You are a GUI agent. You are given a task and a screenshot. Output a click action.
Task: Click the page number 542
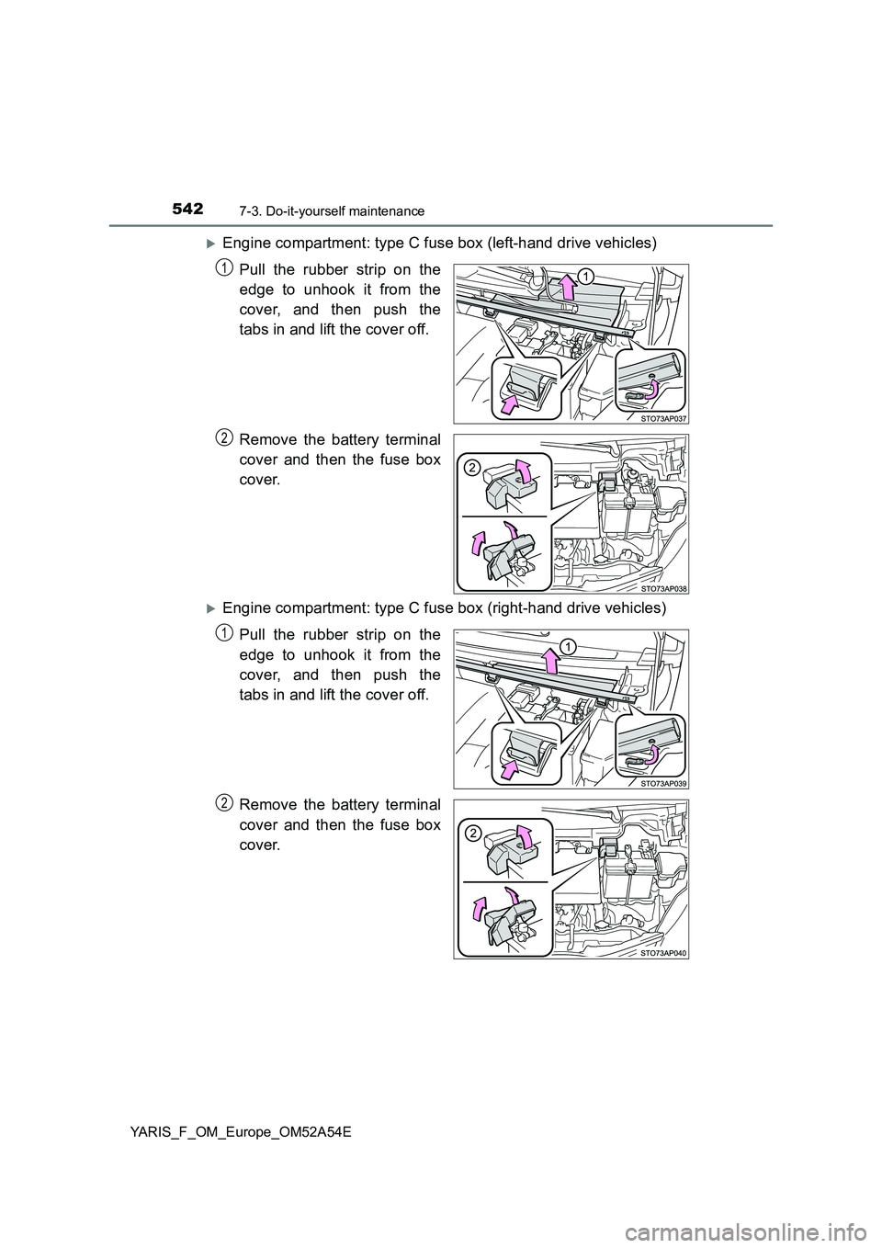[187, 210]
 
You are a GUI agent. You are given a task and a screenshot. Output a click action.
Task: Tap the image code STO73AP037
[663, 418]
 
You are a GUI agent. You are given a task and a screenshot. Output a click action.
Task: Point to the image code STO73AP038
[663, 588]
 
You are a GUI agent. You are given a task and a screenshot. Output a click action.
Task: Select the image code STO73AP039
[663, 783]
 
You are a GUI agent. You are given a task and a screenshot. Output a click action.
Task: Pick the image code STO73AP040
[663, 953]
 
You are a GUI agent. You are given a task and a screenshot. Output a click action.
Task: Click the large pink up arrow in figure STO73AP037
[567, 289]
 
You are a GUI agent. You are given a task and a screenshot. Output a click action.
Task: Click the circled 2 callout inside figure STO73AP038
[471, 468]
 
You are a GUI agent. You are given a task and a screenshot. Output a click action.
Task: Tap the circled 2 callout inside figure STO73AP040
[471, 834]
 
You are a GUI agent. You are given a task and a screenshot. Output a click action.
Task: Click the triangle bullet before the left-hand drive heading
[210, 244]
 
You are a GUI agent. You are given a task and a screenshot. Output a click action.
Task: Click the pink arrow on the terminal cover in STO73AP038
[521, 470]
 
